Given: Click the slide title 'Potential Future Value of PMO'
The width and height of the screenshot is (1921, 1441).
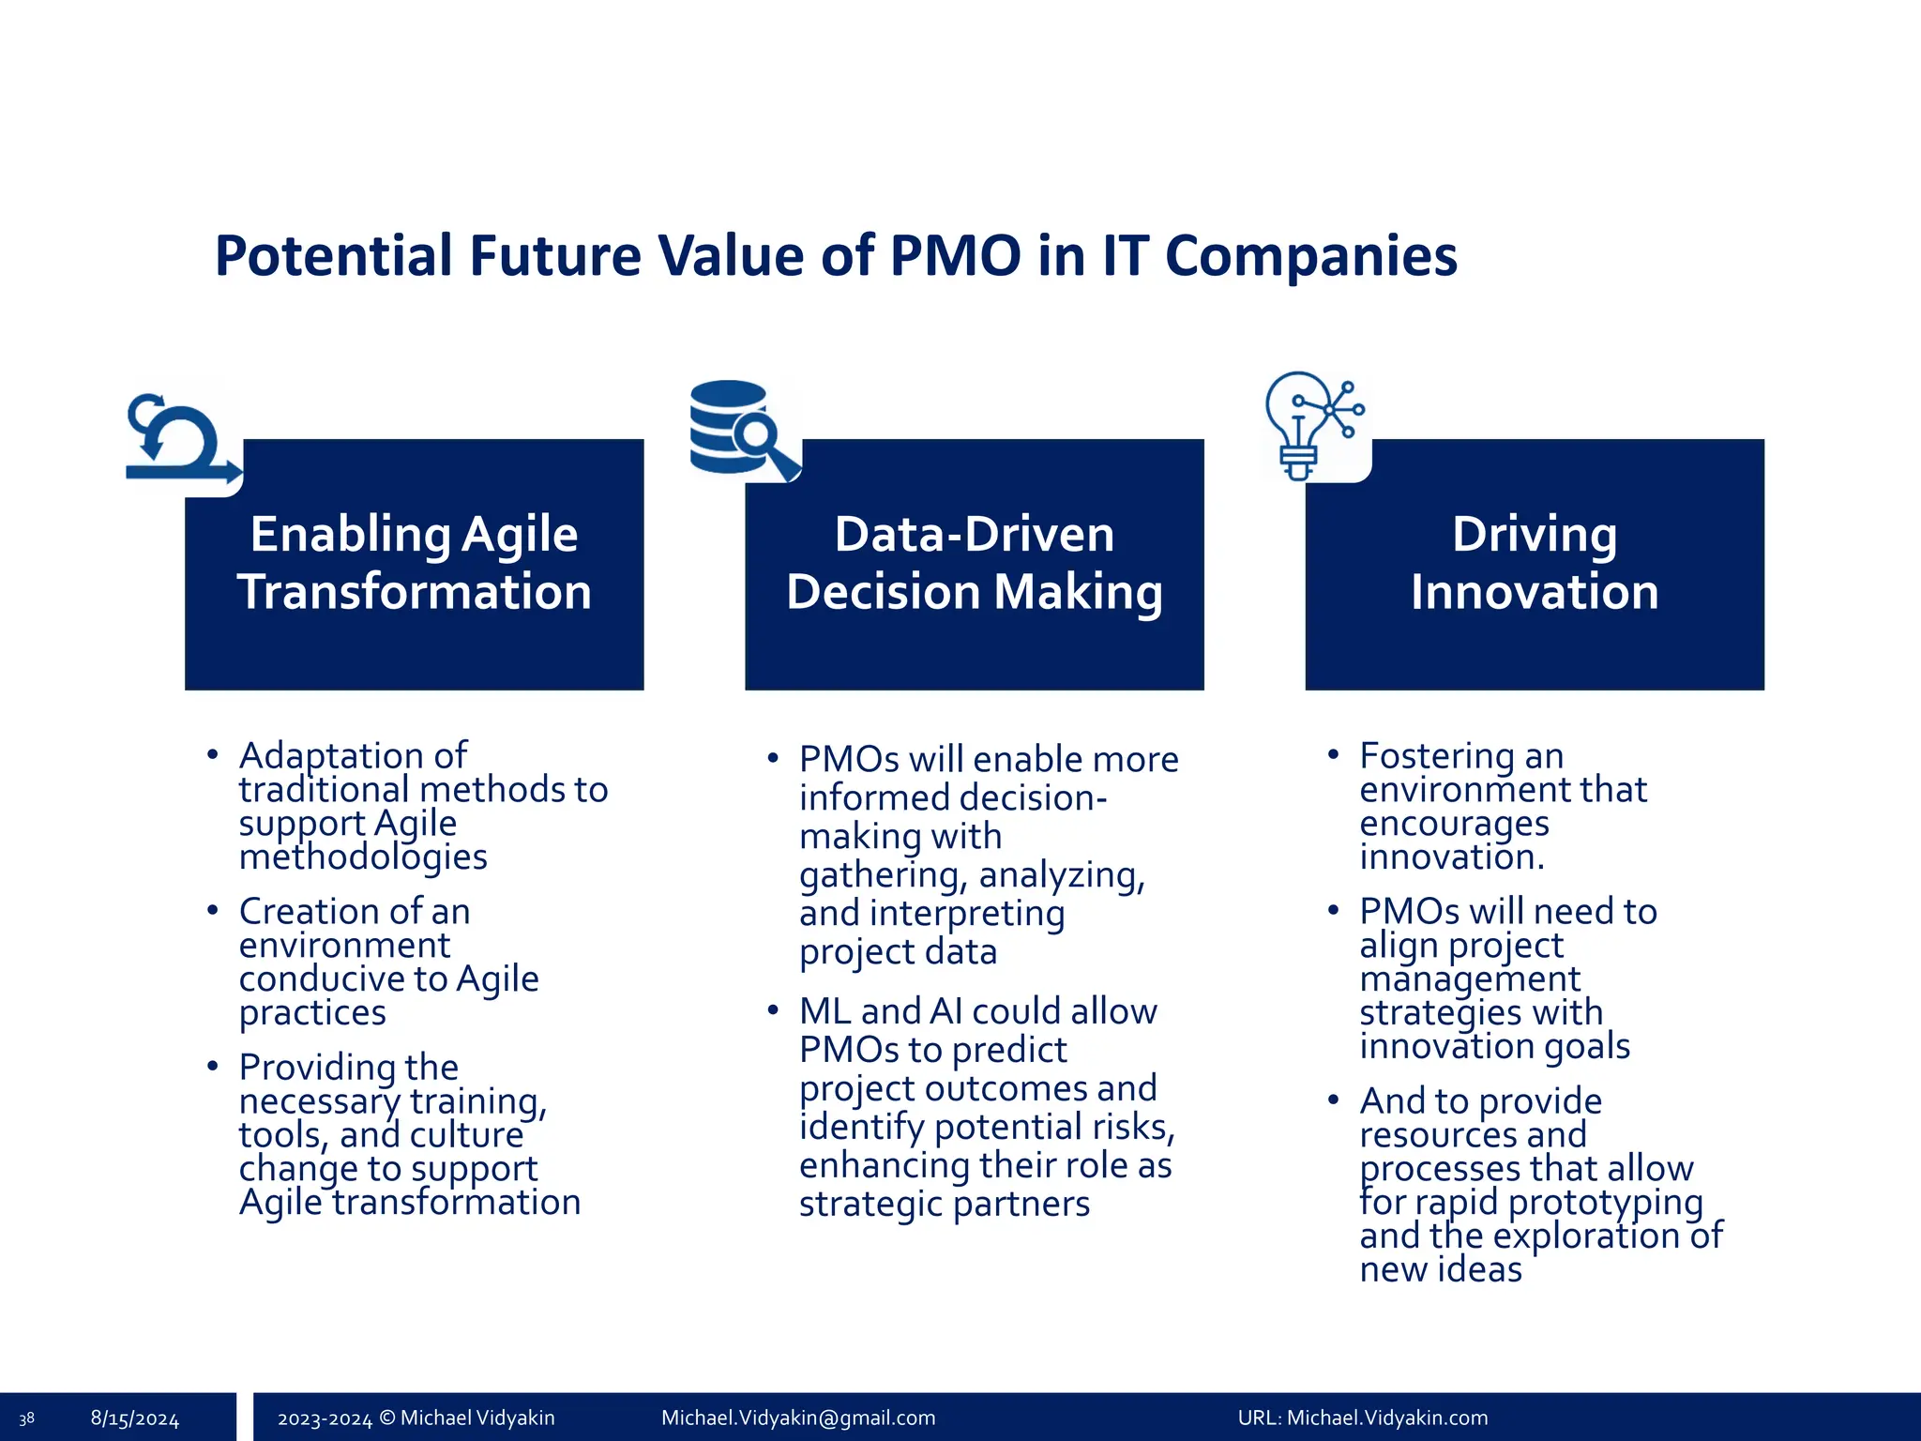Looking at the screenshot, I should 835,255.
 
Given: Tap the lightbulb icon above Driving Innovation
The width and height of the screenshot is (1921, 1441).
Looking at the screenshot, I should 1310,424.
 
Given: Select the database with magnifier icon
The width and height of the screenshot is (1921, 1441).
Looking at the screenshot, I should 741,430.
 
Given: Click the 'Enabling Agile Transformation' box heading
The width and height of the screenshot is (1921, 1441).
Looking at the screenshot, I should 414,563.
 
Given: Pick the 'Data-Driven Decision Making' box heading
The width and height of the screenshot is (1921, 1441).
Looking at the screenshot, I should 974,563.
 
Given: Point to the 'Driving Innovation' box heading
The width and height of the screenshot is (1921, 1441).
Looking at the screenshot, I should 1534,563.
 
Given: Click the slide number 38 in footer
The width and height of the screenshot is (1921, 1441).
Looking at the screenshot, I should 26,1418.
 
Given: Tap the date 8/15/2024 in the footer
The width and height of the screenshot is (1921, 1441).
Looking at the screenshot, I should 134,1418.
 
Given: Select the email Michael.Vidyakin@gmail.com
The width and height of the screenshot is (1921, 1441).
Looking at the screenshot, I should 798,1418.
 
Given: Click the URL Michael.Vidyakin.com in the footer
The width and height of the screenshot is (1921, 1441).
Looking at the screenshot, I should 1362,1418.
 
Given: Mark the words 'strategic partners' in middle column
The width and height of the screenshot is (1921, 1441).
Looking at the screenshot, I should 944,1205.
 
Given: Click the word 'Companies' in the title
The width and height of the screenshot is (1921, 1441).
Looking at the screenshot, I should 1310,255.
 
